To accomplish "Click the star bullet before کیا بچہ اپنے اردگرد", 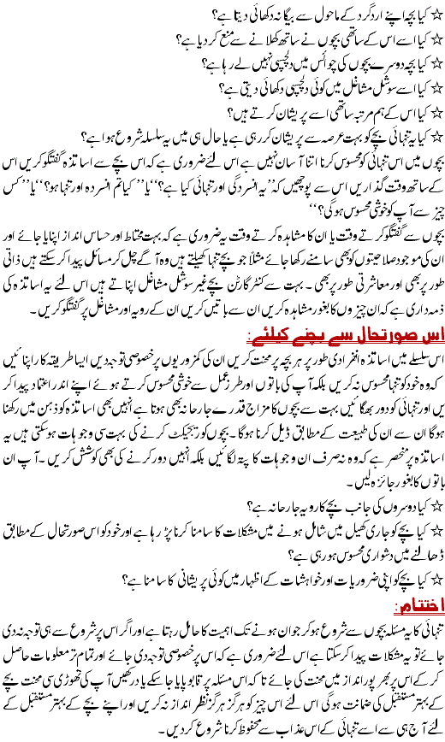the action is point(435,12).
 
